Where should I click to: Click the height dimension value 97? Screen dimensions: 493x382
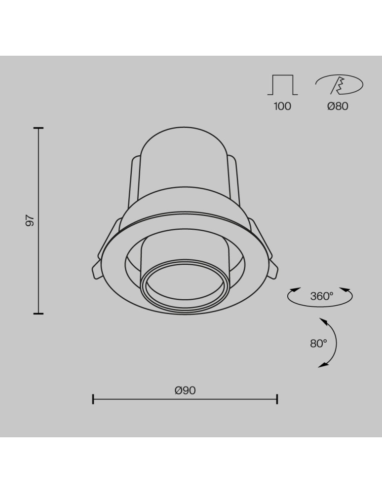[30, 220]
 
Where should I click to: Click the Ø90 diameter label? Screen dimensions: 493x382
[185, 390]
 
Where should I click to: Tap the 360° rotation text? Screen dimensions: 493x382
[322, 296]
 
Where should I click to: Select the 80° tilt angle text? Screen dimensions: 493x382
[318, 344]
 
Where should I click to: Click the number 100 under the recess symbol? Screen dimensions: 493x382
[282, 106]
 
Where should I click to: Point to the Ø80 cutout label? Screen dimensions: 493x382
[338, 106]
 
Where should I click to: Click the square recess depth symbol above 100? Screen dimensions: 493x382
[283, 85]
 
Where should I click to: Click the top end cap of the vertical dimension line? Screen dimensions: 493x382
[38, 128]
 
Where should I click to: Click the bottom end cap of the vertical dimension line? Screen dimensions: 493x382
[38, 313]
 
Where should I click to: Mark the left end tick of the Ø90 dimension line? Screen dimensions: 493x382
[93, 399]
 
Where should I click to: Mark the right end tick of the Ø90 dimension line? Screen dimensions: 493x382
[277, 399]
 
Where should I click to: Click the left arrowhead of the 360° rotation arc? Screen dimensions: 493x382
[295, 290]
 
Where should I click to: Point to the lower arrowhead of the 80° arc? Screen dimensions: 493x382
[323, 365]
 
